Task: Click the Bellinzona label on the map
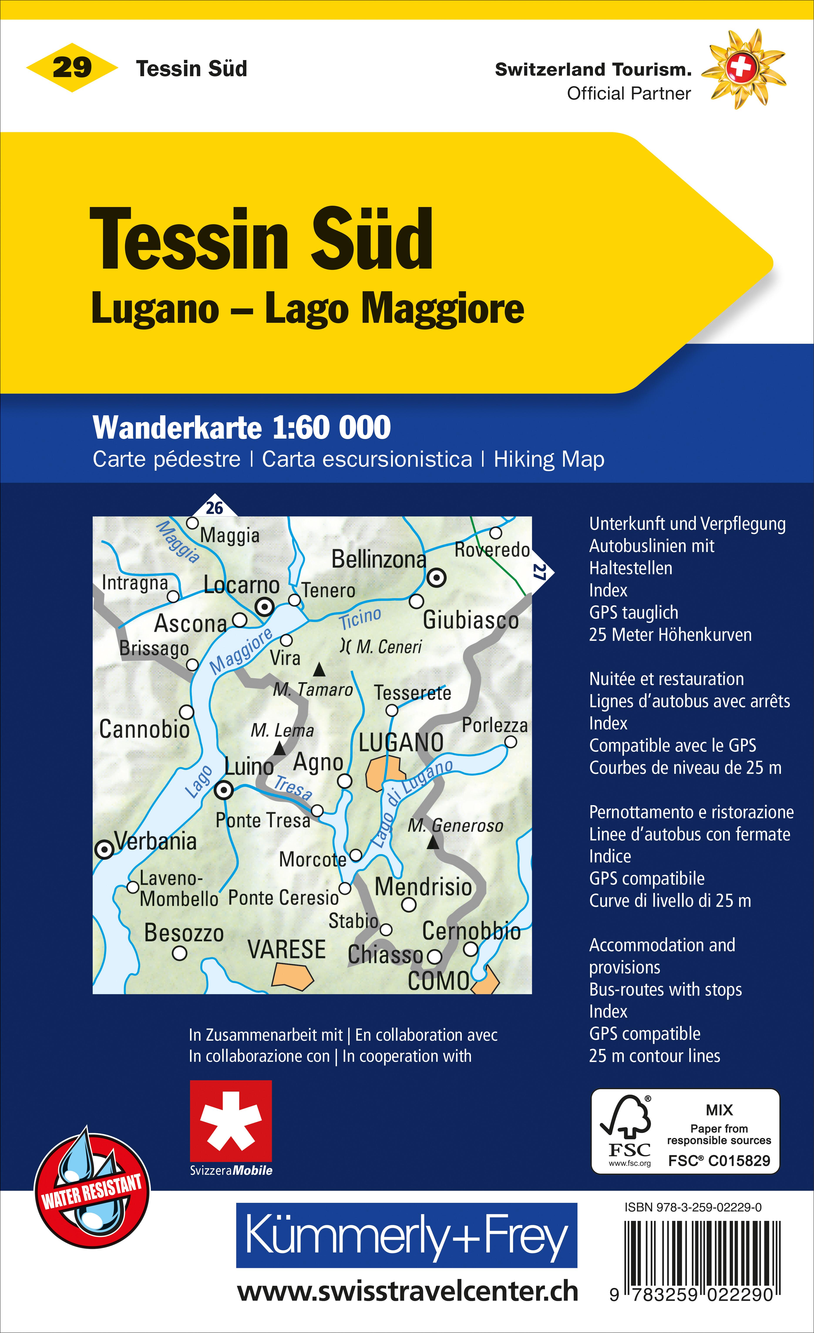click(379, 559)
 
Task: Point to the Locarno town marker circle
click(264, 607)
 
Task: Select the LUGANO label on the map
click(401, 743)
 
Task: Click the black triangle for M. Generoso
click(433, 842)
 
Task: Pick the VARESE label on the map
click(287, 949)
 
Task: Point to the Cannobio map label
click(145, 729)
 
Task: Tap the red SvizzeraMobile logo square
click(230, 1121)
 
